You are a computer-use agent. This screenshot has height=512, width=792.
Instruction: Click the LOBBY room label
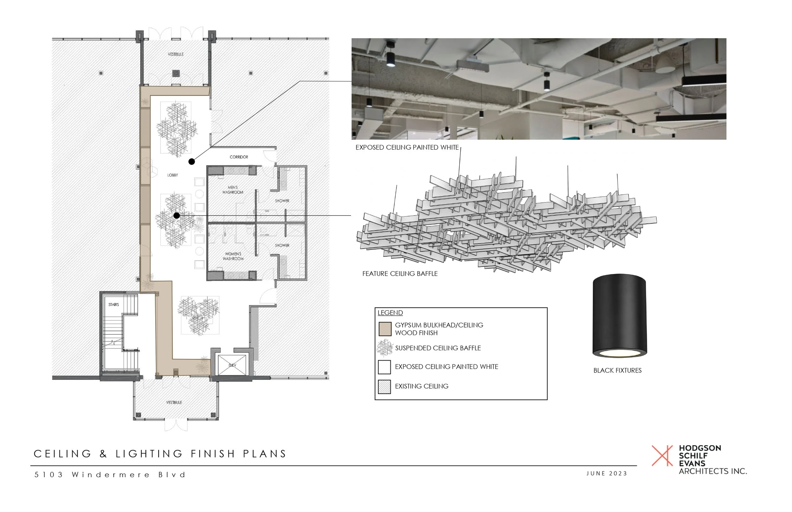[x=172, y=175]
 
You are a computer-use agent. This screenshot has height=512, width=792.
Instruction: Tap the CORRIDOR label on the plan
[x=239, y=157]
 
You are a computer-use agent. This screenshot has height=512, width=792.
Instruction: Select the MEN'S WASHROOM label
[x=233, y=190]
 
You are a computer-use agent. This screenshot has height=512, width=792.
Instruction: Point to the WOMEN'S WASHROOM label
[x=233, y=256]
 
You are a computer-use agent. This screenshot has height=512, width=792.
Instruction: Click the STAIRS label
[x=113, y=304]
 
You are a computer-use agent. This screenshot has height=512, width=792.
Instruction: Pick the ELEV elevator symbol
[x=232, y=365]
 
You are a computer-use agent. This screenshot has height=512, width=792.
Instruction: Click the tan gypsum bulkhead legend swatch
[x=385, y=329]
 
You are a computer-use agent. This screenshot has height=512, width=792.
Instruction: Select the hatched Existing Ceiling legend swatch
[x=384, y=387]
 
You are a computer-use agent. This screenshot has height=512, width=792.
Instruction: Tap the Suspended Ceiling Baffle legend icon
[x=384, y=348]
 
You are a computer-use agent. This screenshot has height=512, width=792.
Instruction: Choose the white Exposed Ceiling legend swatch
[x=384, y=367]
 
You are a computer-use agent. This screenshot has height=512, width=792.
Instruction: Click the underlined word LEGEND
[x=390, y=313]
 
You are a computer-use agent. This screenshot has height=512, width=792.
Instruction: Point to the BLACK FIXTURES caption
[x=617, y=370]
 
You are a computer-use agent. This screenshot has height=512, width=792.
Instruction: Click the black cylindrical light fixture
[x=619, y=315]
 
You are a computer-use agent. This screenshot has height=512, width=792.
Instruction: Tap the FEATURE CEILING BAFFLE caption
[x=400, y=274]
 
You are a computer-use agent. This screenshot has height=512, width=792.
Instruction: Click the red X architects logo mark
[x=662, y=455]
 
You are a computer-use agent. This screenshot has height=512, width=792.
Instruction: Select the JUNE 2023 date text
[x=607, y=473]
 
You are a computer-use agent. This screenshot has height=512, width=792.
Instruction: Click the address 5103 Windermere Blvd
[x=110, y=475]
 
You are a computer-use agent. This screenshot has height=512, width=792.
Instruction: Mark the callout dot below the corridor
[x=192, y=162]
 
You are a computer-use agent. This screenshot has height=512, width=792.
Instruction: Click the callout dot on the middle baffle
[x=177, y=216]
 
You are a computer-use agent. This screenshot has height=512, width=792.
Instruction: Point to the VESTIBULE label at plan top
[x=176, y=54]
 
